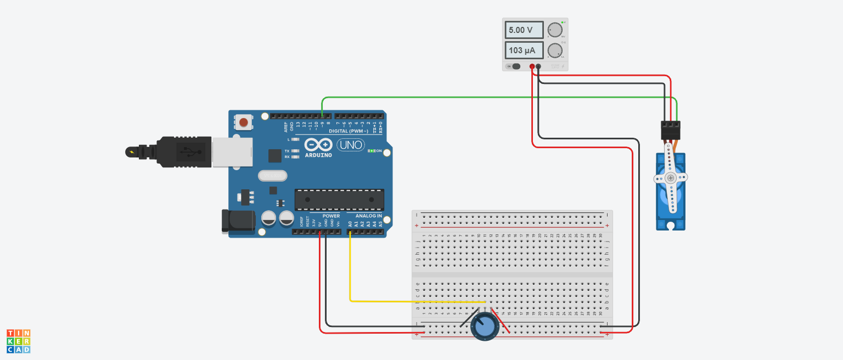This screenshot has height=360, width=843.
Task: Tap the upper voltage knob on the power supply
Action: (x=555, y=30)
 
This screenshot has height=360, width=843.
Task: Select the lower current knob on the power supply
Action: (x=555, y=50)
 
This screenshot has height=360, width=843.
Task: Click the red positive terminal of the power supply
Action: (x=532, y=66)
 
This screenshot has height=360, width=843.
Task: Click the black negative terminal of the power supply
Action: (x=538, y=66)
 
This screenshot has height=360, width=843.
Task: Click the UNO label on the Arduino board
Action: (x=350, y=145)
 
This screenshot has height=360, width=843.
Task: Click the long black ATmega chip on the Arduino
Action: (x=339, y=200)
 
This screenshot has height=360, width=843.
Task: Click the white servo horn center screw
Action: (x=670, y=178)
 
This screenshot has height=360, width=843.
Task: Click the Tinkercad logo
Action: (x=18, y=341)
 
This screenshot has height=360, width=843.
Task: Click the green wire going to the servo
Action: (x=494, y=98)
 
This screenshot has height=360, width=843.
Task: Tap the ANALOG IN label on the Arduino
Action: (x=368, y=216)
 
